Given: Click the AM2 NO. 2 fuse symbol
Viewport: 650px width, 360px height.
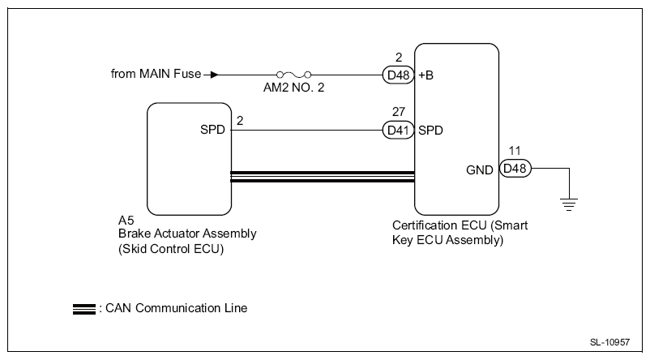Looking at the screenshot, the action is coord(294,75).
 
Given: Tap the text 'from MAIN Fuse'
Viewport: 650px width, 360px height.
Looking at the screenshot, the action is coord(156,74).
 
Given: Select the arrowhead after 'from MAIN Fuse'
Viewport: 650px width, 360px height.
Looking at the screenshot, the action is coord(214,75).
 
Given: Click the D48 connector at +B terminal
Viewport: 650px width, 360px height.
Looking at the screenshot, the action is coord(398,75).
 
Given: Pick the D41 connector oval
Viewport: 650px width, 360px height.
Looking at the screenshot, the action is coord(398,131).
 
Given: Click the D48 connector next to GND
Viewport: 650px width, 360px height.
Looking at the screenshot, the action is coord(515,169).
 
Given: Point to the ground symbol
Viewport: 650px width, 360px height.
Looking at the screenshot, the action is coord(569,204).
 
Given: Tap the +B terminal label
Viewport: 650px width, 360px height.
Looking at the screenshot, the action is coord(425,75).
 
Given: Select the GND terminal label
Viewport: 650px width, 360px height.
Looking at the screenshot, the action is coord(480,170).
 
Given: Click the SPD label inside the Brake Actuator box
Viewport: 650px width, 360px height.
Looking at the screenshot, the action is coord(212,130).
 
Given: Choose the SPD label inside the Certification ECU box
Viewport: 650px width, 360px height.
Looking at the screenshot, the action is coord(430,131).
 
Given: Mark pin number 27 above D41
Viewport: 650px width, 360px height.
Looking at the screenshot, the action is coord(399,112).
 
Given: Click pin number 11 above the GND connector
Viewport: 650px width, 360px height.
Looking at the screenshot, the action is coord(515,151).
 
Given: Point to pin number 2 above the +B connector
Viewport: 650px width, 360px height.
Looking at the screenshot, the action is coord(399,58).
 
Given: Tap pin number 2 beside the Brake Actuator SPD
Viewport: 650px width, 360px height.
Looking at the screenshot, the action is coord(240,121).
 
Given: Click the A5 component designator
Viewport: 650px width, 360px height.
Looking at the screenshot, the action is coord(126,221).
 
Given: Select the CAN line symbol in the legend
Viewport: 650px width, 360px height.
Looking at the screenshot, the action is coord(84,310).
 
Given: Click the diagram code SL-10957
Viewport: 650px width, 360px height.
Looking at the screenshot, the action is coord(609,342).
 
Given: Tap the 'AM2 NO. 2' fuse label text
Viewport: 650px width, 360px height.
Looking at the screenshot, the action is coord(294,88).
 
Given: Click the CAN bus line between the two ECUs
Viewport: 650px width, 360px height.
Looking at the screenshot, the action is coord(323,177).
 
